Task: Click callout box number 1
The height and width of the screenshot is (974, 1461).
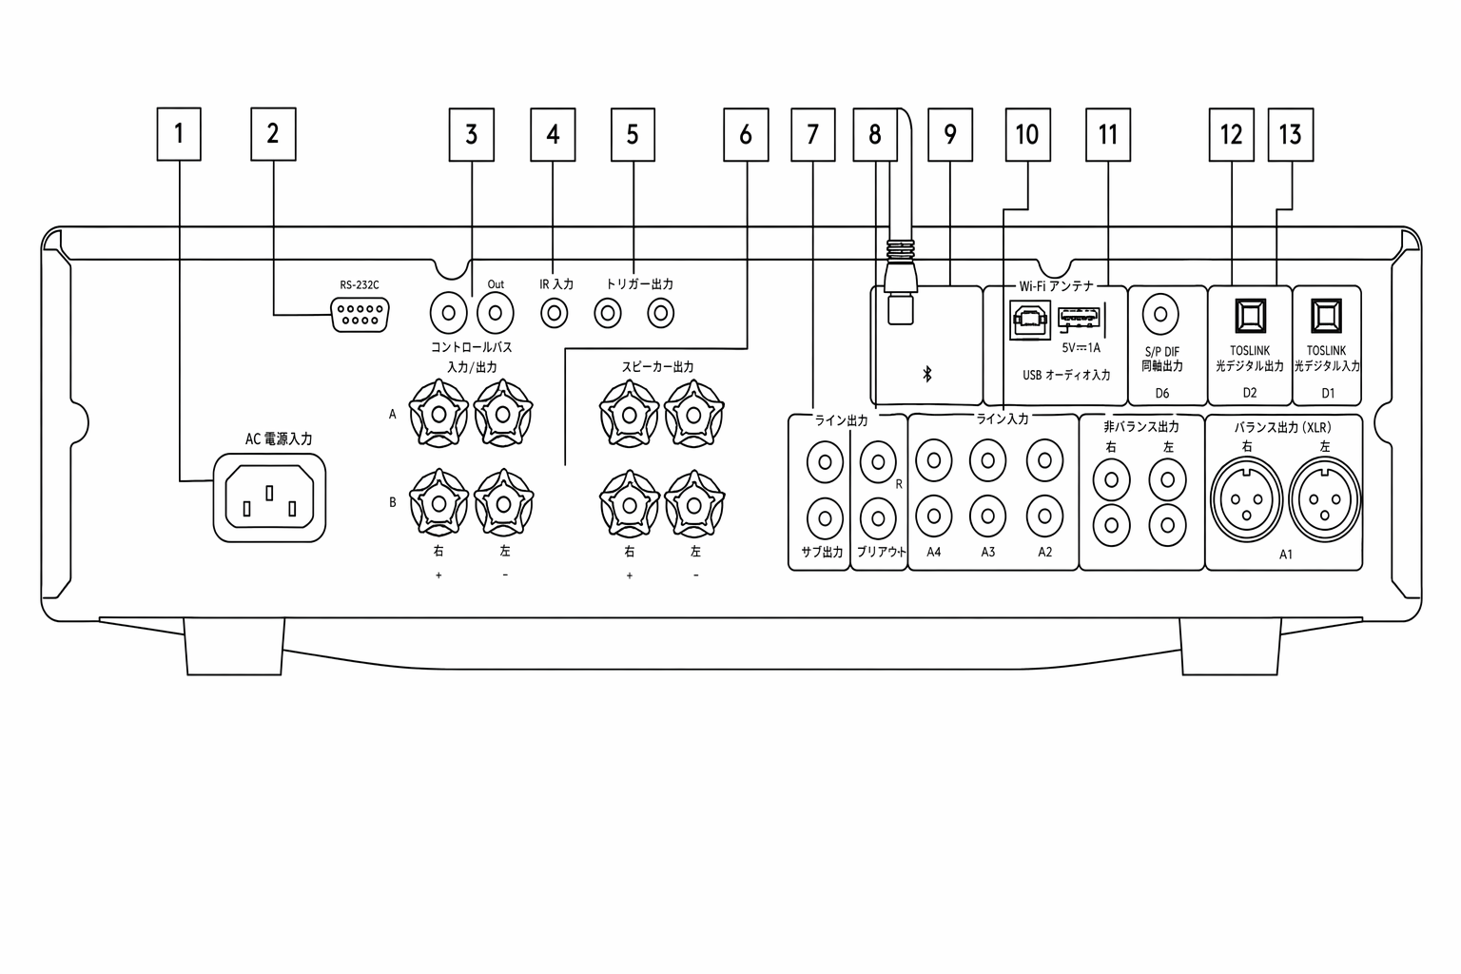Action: click(x=179, y=134)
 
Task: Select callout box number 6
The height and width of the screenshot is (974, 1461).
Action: click(x=746, y=134)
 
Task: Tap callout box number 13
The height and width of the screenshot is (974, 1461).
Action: click(x=1290, y=134)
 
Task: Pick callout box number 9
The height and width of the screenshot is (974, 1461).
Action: click(x=949, y=134)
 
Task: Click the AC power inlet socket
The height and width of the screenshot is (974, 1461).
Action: click(x=269, y=497)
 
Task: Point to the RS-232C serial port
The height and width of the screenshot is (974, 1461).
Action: click(x=360, y=315)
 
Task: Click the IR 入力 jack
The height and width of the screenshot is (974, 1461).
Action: click(x=555, y=314)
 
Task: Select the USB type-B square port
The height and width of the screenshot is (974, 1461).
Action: click(x=1030, y=320)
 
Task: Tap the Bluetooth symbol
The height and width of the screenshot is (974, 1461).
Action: click(x=926, y=374)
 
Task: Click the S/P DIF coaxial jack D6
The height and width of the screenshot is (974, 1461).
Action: click(x=1160, y=315)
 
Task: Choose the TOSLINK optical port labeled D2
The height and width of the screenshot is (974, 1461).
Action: click(x=1251, y=316)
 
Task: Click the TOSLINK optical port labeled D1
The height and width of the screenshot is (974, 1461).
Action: click(x=1326, y=316)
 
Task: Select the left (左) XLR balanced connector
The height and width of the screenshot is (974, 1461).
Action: click(x=1325, y=501)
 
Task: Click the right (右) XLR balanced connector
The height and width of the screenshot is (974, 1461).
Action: click(x=1246, y=501)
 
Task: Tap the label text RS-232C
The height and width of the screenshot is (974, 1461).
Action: click(x=360, y=285)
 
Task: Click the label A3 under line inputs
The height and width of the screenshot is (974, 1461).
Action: click(x=988, y=552)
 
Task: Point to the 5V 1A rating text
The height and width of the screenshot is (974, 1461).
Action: click(x=1081, y=348)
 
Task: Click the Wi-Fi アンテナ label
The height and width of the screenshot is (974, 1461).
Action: click(x=1057, y=286)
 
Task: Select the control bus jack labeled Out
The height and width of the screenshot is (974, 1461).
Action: click(x=495, y=314)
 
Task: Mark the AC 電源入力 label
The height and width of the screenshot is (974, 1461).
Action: click(x=279, y=439)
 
